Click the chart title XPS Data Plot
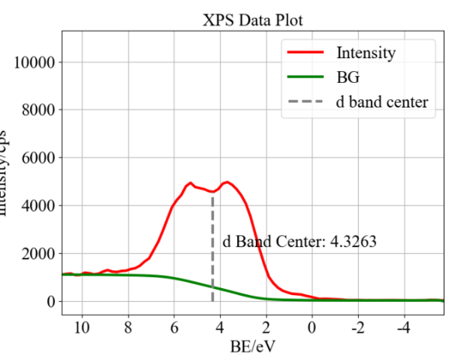252,18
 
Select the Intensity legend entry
366,53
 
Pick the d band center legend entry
381,101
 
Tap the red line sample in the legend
305,53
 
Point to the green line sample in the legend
305,77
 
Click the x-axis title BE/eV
252,346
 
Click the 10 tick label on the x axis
82,325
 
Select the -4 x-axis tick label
402,325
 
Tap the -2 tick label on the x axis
356,325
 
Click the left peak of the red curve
191,183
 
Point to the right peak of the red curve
227,182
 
